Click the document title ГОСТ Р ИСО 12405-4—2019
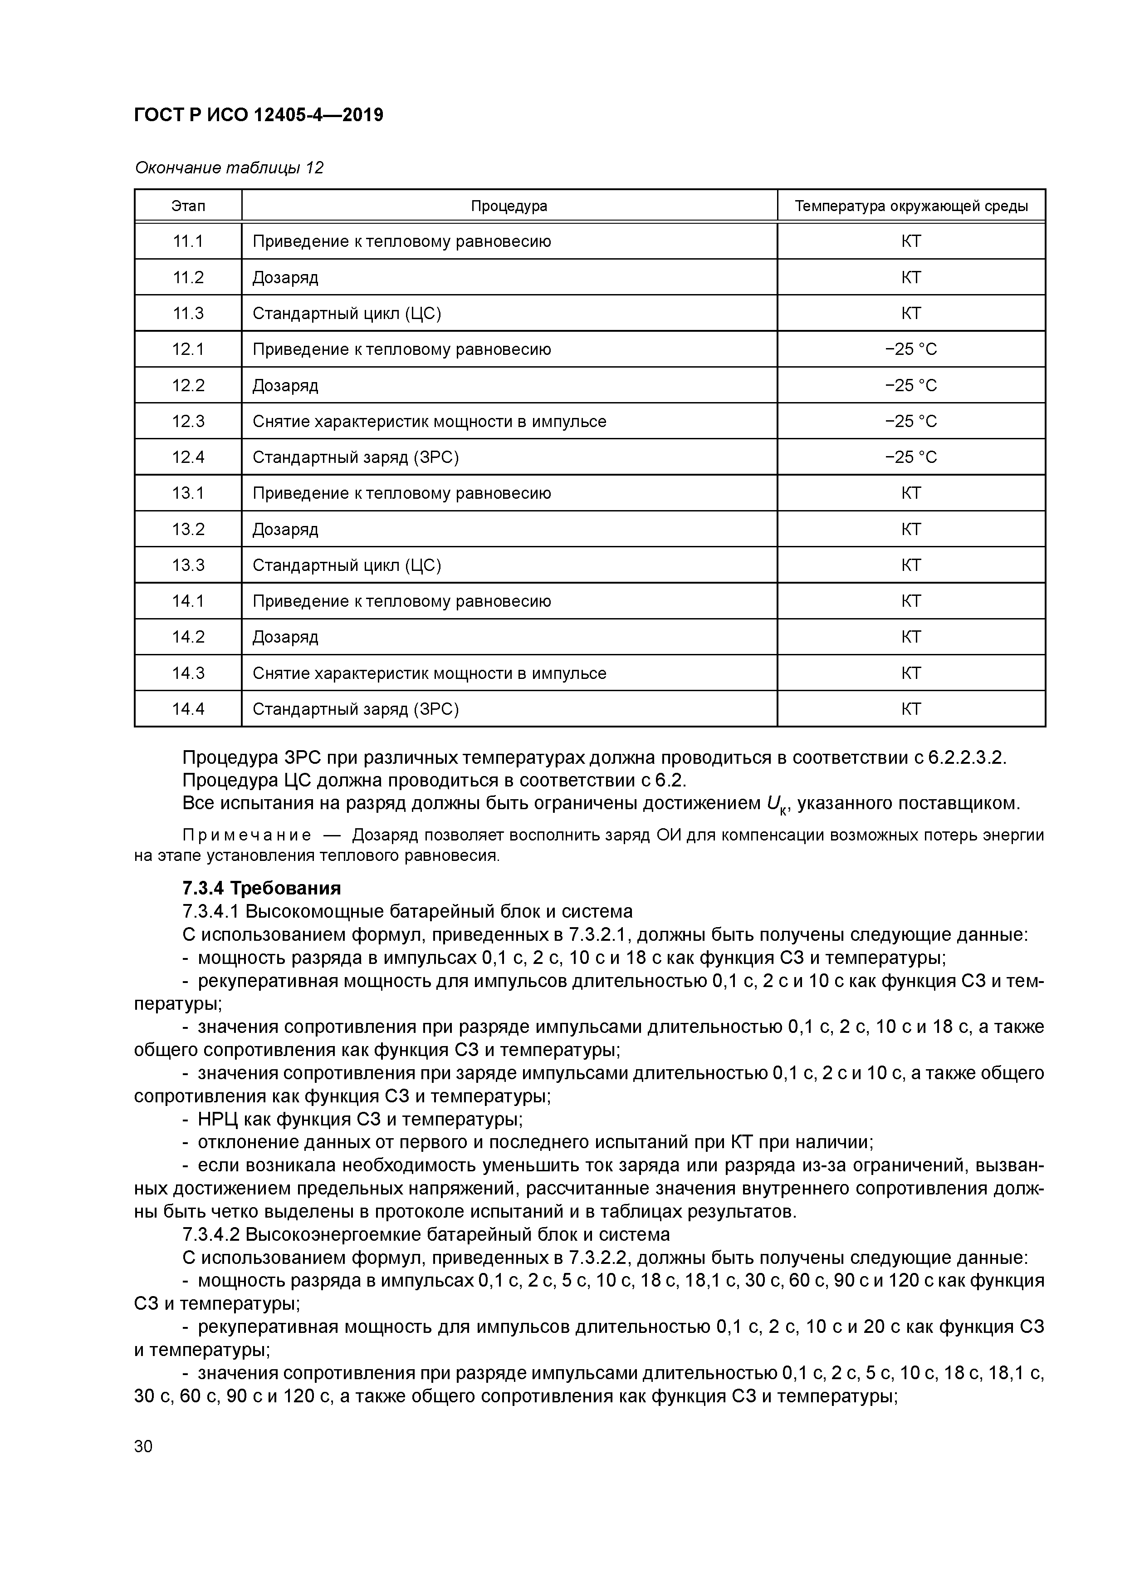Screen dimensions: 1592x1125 click(259, 115)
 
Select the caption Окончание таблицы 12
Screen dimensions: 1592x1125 click(229, 168)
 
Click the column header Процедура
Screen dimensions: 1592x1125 click(509, 206)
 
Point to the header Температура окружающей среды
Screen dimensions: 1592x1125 click(911, 206)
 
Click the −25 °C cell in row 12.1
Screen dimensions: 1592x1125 click(911, 349)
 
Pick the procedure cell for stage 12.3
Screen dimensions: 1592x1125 click(429, 422)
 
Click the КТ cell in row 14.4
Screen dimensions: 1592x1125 click(911, 709)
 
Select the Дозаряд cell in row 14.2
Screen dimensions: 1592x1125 click(286, 637)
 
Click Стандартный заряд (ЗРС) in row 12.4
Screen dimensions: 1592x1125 click(356, 457)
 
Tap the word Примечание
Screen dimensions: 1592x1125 click(246, 835)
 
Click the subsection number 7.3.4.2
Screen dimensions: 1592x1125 click(211, 1234)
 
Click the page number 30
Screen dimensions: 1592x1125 click(143, 1446)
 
